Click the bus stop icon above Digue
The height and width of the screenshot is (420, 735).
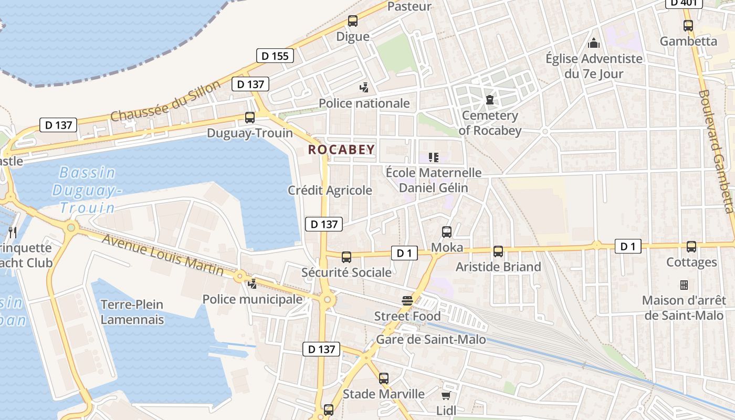352,21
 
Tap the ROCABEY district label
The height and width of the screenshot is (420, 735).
341,150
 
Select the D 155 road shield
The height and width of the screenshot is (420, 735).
275,56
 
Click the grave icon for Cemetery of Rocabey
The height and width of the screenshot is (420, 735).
490,99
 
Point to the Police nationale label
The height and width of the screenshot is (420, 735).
364,103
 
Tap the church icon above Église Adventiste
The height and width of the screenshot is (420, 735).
594,43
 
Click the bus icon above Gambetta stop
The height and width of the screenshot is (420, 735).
688,25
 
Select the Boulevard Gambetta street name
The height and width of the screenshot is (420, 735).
716,151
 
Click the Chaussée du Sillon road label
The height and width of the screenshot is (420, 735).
165,101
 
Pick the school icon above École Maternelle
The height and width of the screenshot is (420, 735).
433,157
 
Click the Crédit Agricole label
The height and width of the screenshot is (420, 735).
330,191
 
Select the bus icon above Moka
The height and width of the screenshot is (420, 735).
447,232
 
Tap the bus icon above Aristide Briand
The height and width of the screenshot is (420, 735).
498,251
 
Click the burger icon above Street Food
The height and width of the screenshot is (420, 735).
407,301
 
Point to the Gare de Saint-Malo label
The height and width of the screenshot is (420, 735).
430,340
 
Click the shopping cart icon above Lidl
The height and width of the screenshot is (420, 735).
446,395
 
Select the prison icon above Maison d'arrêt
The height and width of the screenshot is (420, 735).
684,285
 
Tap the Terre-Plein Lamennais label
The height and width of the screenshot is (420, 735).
132,312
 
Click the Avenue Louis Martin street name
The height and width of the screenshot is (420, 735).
163,255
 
